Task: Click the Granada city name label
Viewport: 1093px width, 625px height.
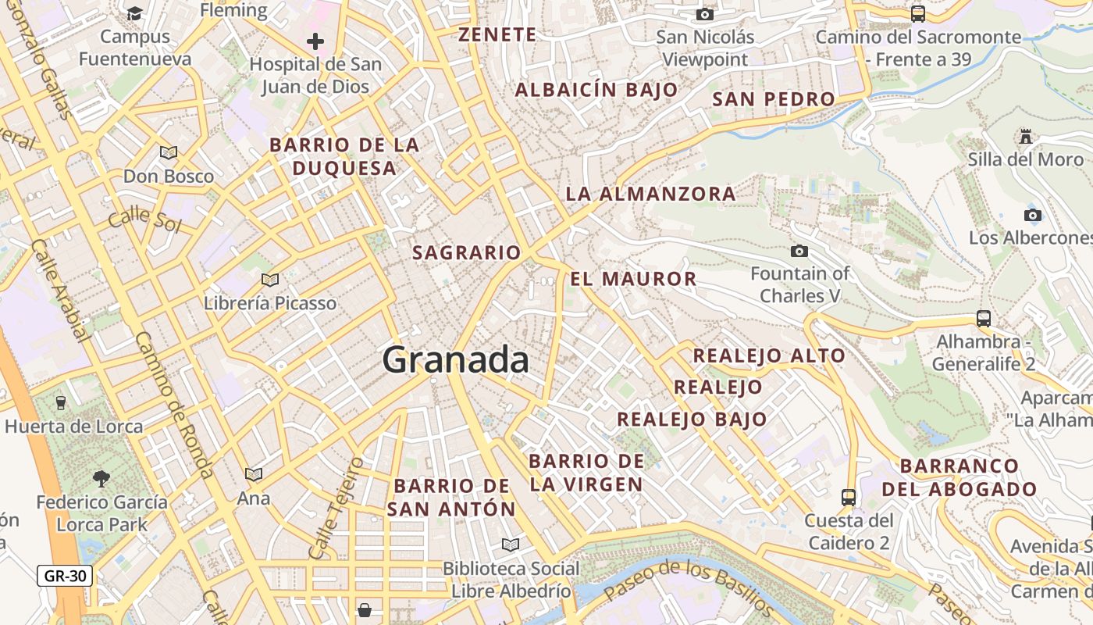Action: (x=455, y=360)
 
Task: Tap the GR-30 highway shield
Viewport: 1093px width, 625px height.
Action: (x=65, y=577)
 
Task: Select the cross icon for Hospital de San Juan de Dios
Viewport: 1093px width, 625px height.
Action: (x=315, y=41)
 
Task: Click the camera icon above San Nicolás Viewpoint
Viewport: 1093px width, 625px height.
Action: (x=705, y=14)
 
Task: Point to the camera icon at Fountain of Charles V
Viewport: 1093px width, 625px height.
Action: (x=799, y=251)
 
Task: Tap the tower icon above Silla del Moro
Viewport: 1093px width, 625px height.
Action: (x=1025, y=137)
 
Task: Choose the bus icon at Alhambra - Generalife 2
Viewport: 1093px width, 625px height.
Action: (x=984, y=319)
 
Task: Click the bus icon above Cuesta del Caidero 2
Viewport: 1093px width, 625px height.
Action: (x=848, y=497)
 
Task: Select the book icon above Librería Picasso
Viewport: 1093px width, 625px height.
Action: (x=270, y=280)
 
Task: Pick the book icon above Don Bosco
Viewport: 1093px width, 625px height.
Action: (x=169, y=153)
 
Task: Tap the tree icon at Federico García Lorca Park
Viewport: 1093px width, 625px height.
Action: (x=101, y=478)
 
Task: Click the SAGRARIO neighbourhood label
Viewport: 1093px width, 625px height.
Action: (x=466, y=252)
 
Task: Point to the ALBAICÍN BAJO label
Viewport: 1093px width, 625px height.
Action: (x=596, y=90)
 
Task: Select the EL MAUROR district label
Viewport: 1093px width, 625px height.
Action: (x=633, y=279)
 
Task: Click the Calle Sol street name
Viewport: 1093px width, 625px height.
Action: (x=144, y=220)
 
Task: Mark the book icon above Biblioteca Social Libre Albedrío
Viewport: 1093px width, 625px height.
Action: (x=511, y=545)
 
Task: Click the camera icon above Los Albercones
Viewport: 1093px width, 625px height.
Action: (x=1032, y=215)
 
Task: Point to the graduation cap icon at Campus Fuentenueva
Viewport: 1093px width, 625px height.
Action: (x=135, y=13)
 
